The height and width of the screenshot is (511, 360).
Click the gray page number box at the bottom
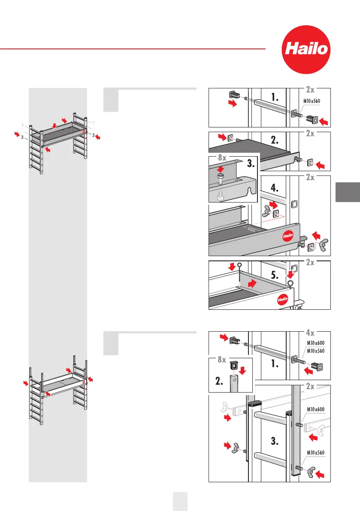(180, 501)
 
